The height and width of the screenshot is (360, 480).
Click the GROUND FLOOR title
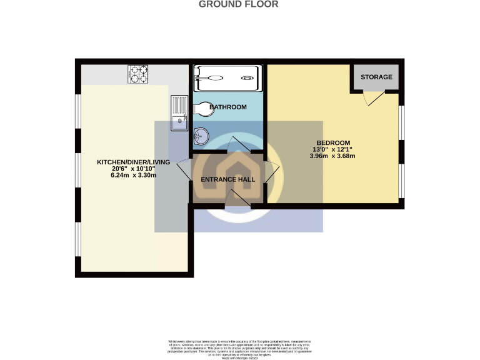238,4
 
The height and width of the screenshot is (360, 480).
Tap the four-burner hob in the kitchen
138,74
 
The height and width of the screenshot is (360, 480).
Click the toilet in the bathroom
202,110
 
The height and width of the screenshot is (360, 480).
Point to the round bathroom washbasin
202,135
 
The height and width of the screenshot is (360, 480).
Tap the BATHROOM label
228,107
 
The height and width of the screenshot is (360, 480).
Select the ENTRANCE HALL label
227,179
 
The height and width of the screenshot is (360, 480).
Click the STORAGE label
376,77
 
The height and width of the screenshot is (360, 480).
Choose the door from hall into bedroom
272,172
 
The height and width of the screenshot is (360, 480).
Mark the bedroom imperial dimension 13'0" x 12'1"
332,149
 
